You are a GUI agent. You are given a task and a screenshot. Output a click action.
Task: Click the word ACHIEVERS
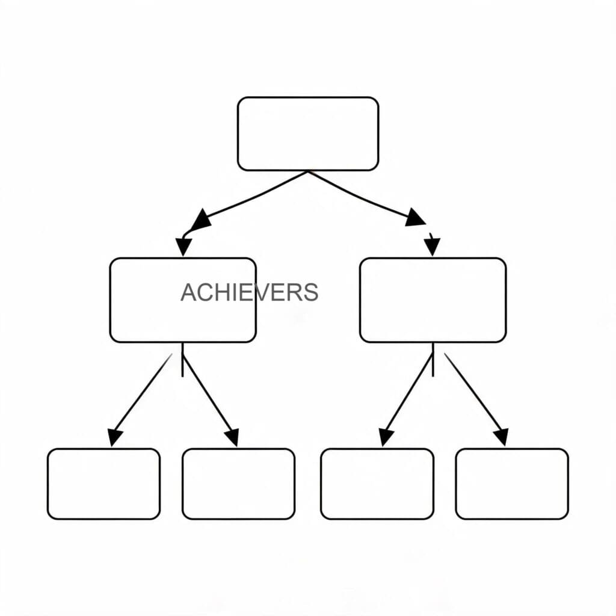[x=250, y=292]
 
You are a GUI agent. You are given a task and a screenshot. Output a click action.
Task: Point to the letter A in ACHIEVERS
[x=188, y=292]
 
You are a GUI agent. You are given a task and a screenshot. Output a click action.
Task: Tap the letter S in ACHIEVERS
[x=310, y=292]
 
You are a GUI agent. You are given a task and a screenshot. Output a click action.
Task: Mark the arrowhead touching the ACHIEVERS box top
[x=183, y=247]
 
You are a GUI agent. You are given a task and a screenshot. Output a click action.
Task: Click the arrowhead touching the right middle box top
[x=432, y=247]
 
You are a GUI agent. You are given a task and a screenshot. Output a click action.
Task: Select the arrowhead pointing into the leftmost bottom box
[x=115, y=438]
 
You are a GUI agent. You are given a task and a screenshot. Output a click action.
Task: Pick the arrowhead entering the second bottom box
[x=232, y=437]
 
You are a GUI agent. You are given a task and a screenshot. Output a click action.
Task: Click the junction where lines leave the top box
[x=308, y=171]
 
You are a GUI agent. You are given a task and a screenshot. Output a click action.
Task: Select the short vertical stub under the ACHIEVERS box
[x=182, y=360]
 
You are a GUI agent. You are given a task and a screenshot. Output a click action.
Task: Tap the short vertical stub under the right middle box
[x=433, y=360]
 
